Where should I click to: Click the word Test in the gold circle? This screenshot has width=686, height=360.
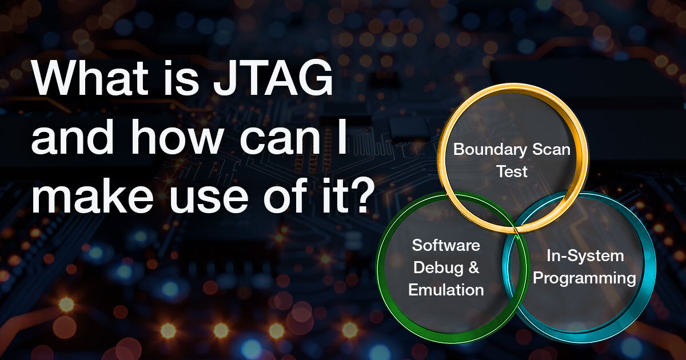512,171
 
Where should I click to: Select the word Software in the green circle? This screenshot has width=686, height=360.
446,246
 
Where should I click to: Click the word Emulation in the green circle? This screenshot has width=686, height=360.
446,290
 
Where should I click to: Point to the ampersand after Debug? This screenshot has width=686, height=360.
473,267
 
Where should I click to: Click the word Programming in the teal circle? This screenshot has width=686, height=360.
588,278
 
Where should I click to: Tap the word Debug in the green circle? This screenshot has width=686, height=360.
438,267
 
